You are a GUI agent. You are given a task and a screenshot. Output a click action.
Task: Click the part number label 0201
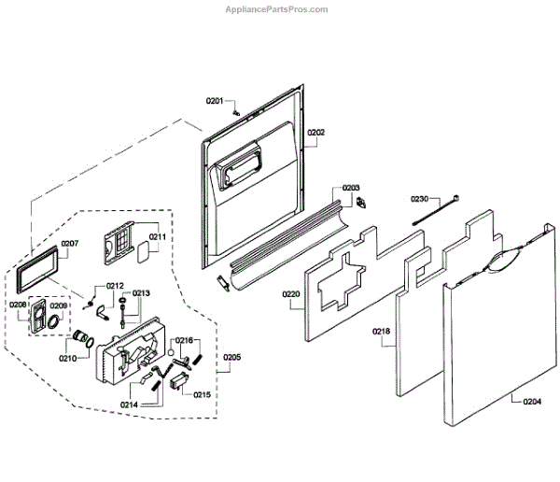216,100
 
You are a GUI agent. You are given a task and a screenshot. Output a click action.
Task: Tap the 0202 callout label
315,133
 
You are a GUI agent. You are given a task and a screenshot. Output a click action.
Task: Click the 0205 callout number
231,357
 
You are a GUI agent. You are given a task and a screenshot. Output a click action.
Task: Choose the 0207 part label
69,244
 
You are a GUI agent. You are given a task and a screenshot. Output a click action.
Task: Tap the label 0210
67,358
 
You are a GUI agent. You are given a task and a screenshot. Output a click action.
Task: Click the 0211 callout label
157,236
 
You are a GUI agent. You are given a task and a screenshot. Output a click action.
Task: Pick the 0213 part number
141,293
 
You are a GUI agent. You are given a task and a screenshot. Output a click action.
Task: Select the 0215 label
202,394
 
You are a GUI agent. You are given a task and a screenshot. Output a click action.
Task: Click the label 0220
291,294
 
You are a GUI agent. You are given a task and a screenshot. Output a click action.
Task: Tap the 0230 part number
419,199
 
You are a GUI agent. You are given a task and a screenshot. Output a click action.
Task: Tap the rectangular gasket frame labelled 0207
36,273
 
